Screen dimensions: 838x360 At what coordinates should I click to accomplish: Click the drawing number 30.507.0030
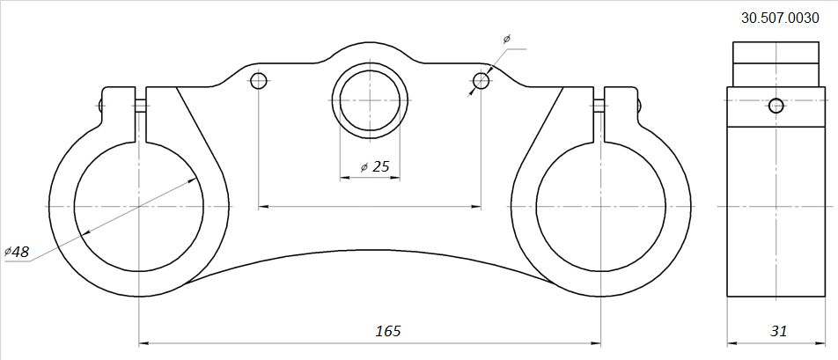[780, 18]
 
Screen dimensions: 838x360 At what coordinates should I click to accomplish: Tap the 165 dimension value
[388, 331]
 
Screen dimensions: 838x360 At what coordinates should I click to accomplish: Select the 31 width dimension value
[779, 331]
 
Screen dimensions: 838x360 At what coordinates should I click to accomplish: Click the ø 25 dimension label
[375, 167]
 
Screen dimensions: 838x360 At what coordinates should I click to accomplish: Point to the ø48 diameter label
[17, 252]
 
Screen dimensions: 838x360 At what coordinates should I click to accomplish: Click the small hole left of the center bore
[258, 81]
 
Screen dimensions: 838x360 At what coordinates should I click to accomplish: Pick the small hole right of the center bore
[481, 81]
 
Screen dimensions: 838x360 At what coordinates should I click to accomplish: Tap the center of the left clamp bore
[139, 206]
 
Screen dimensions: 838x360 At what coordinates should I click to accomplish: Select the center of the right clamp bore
[600, 206]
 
